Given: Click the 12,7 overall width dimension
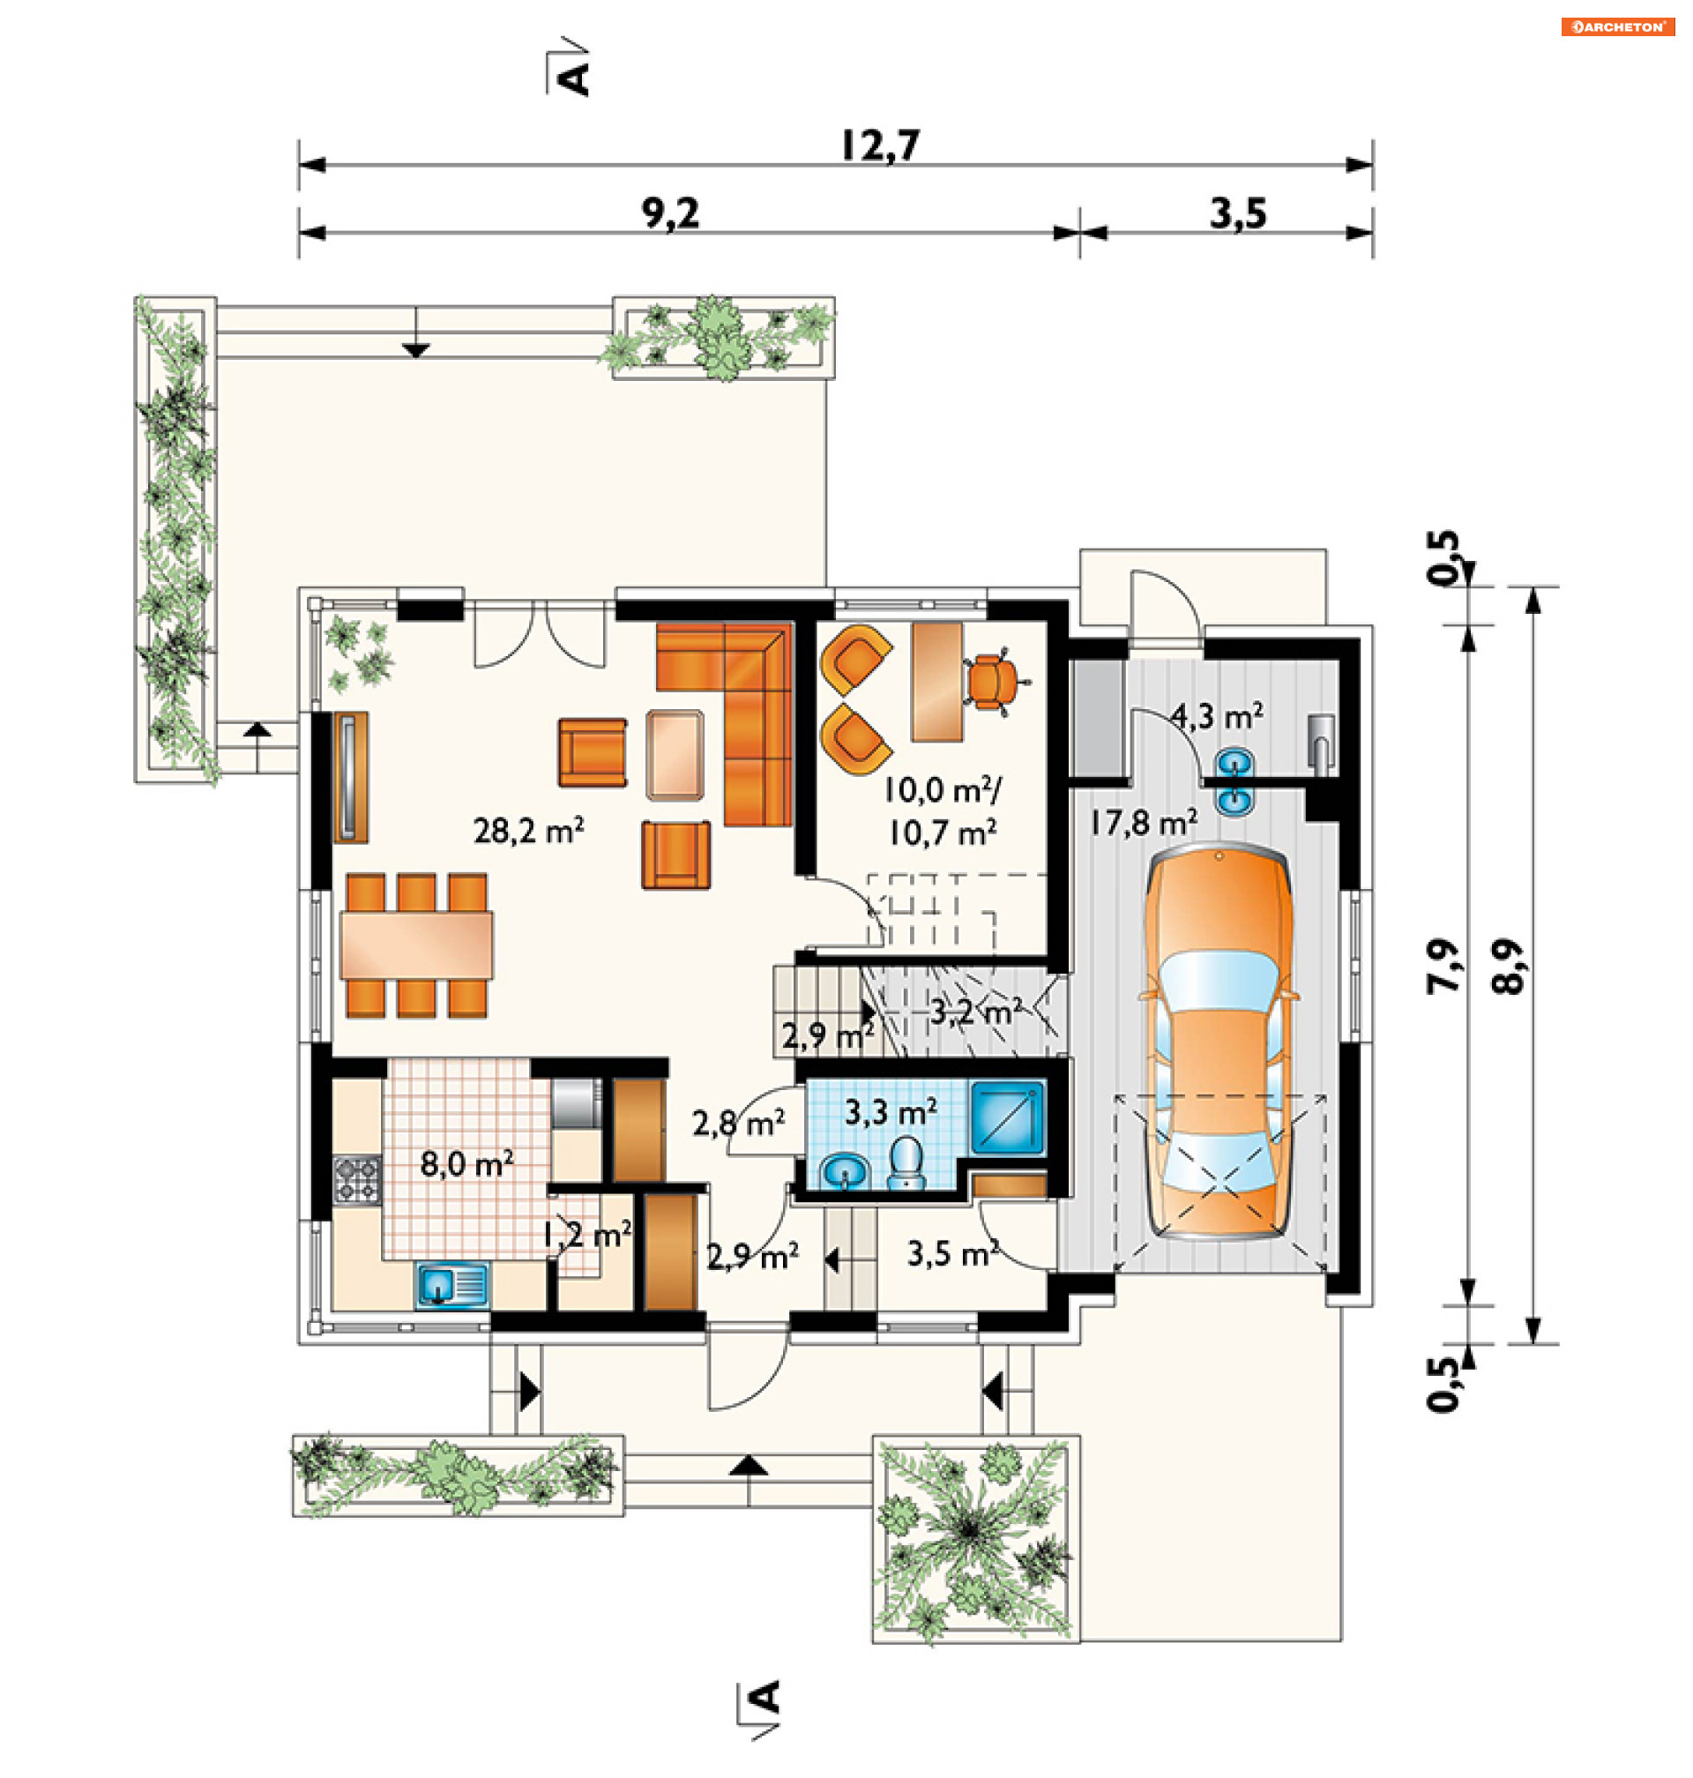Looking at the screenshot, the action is [880, 146].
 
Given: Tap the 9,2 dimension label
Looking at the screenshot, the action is [670, 214].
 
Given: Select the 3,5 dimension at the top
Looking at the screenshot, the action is [1238, 214].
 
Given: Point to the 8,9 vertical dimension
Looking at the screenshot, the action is [1508, 967].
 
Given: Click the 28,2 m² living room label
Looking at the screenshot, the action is [529, 829].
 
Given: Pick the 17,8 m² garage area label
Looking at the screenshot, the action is [1144, 822].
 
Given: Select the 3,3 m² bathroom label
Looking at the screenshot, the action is [891, 1111].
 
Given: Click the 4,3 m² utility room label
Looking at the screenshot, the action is [1217, 717].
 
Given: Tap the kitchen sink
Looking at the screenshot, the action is [452, 1285].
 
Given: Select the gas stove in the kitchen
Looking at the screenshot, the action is [357, 1178].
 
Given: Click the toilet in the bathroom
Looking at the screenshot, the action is [905, 1162].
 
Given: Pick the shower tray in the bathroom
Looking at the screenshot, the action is [1007, 1118].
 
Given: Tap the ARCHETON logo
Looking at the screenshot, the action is [1618, 27].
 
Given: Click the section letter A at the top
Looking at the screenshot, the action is [574, 78].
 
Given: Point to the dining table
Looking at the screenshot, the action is [417, 945].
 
